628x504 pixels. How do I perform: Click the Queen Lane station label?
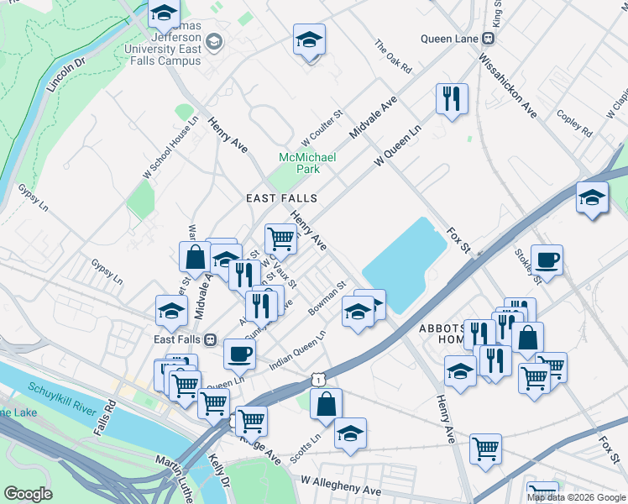pos(448,39)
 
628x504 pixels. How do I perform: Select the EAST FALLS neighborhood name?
pos(281,198)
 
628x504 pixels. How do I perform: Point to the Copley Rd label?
pos(574,122)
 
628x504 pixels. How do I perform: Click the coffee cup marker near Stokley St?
pos(547,260)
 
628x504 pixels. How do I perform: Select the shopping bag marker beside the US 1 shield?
pos(326,404)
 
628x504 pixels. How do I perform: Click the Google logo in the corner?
pos(27,494)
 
